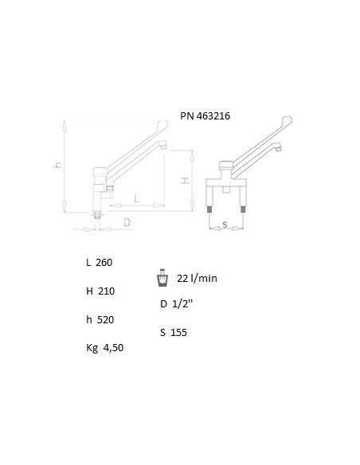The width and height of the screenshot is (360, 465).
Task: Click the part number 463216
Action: click(x=213, y=115)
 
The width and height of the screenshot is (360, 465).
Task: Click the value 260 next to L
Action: click(x=104, y=263)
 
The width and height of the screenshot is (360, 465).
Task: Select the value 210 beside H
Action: click(x=106, y=291)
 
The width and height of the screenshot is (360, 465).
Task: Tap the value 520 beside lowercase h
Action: click(x=106, y=320)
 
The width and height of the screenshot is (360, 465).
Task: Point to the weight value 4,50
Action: click(x=113, y=348)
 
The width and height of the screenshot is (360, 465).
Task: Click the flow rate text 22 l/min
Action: click(x=197, y=278)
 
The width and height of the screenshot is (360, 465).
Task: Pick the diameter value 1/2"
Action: click(x=182, y=303)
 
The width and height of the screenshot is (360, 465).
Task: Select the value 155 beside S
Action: click(x=179, y=333)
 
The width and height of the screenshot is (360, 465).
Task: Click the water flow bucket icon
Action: click(x=162, y=278)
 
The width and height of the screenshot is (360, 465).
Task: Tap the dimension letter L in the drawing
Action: click(x=137, y=198)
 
